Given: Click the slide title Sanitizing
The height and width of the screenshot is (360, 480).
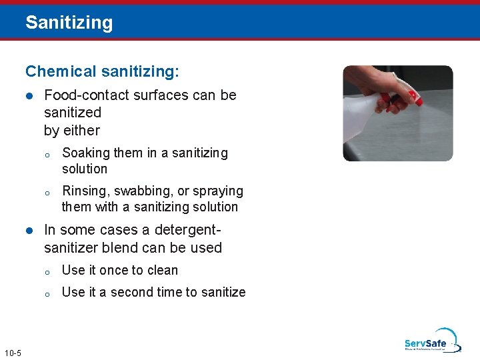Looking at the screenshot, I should [x=69, y=23].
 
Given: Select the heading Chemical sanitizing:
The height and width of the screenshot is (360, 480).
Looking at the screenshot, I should [x=102, y=71].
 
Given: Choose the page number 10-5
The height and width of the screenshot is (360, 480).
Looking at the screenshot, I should [x=12, y=353].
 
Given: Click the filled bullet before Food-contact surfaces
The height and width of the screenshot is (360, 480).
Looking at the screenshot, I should [x=29, y=96].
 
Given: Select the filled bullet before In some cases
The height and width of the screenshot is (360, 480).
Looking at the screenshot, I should [x=29, y=231].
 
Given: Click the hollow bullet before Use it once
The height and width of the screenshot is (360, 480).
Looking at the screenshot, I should [x=48, y=271].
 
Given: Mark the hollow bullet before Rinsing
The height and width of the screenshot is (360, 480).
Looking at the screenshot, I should [x=48, y=193].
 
